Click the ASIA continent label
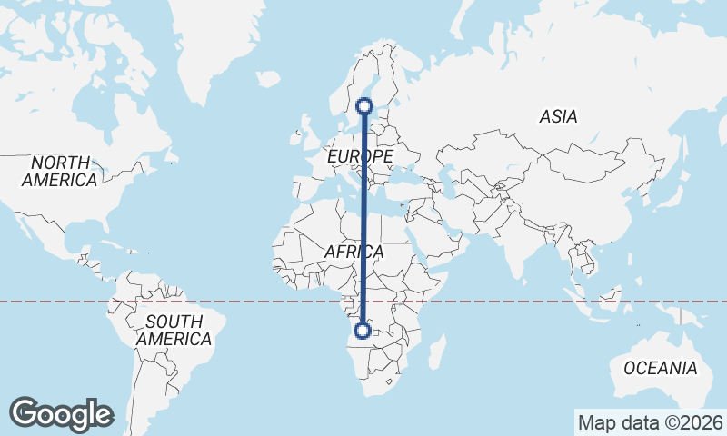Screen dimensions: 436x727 point(558,116)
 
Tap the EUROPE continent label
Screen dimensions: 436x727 point(360,157)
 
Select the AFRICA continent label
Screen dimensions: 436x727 point(354,252)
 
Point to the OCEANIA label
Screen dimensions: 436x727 point(661,368)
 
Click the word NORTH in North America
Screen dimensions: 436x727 point(61,163)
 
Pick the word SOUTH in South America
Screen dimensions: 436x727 point(174,321)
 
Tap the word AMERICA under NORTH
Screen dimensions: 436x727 point(61,180)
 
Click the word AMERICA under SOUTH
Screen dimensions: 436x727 point(174,339)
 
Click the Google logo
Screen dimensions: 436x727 point(61,414)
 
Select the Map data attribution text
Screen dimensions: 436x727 point(651,422)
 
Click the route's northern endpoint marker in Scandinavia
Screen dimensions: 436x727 point(364,105)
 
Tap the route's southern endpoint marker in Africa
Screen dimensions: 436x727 point(363,331)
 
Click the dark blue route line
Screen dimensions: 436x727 point(363,218)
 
